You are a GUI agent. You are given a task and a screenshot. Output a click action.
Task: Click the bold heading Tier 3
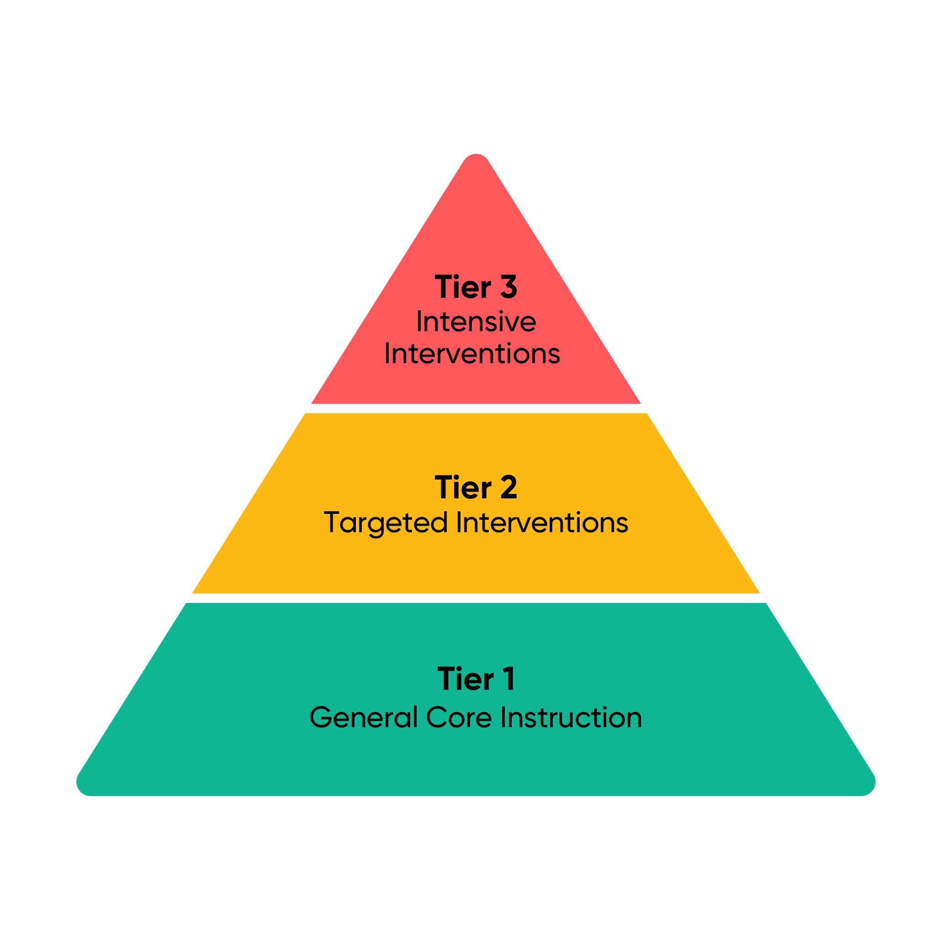point(476,287)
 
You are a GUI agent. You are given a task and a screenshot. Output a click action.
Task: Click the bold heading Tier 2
point(476,488)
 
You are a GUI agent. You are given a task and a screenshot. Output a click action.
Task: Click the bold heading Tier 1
point(476,679)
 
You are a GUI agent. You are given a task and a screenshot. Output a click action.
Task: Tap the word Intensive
point(476,322)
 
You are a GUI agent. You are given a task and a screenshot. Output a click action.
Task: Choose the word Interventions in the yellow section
point(542,522)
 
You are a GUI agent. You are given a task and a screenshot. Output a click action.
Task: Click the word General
point(363,718)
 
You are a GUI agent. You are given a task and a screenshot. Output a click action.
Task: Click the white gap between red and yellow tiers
point(476,408)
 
